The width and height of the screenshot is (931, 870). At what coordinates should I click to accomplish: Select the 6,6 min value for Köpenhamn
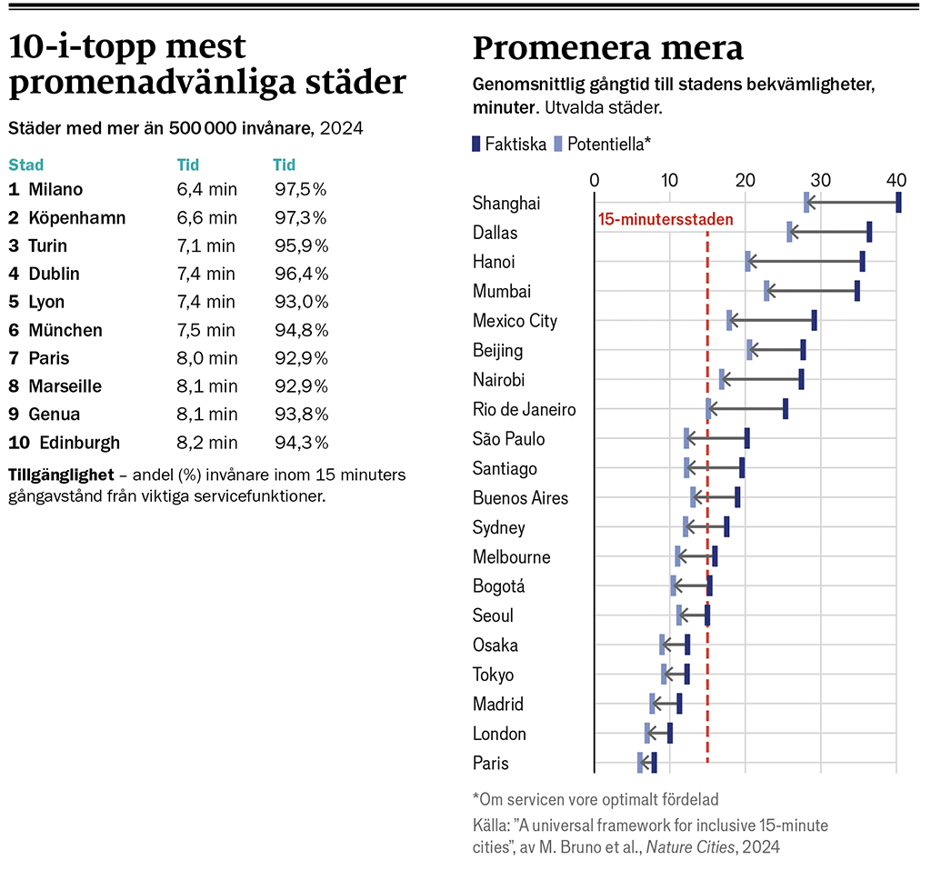coord(206,218)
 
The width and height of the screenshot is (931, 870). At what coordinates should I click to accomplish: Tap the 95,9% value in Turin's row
coord(301,246)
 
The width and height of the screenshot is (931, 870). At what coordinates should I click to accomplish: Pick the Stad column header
coord(25,165)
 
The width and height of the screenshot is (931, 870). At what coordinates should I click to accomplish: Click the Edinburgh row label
coord(79,444)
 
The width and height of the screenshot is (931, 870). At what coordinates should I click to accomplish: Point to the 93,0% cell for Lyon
coord(301,303)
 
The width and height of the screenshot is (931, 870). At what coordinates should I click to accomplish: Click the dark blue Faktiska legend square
coord(476,143)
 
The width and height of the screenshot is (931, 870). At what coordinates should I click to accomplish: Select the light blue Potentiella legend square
coord(559,143)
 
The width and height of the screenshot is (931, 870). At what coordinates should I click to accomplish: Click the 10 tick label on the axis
coord(669,178)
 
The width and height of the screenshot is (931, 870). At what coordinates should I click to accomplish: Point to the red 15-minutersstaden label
coord(666,219)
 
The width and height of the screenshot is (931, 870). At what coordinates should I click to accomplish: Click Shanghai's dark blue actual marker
coord(898,203)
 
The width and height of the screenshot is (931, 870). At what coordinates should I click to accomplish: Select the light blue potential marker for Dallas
coord(789,232)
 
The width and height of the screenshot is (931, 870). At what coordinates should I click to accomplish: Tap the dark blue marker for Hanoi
coord(862,262)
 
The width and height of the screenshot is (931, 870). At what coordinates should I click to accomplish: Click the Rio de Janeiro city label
coord(524,410)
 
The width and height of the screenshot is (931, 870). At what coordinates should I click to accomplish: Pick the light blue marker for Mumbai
coord(766,291)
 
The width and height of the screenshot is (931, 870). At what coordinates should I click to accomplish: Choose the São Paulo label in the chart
coord(508,439)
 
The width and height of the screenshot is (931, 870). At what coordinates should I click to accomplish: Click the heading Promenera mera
coord(607,48)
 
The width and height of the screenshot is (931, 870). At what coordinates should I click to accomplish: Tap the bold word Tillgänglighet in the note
coord(61,475)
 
